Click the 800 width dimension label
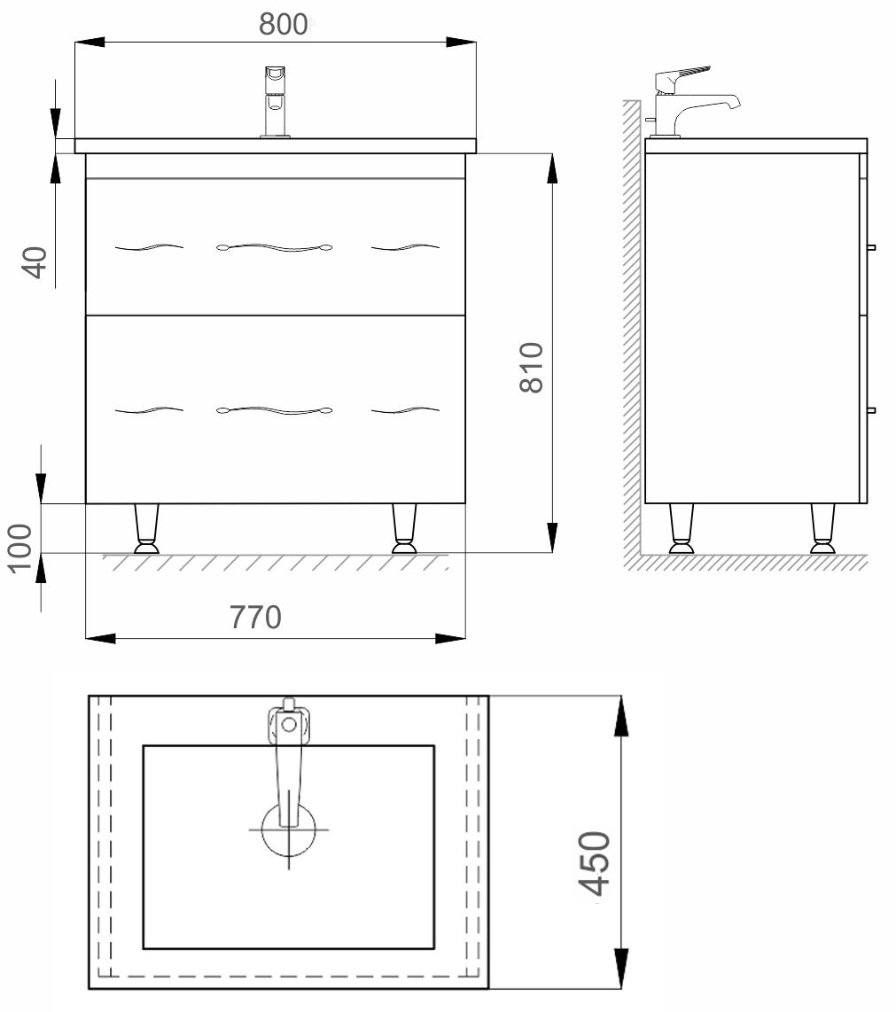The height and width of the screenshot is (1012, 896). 283,25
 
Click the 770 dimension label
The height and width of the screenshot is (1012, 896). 255,617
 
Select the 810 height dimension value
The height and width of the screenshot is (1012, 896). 531,368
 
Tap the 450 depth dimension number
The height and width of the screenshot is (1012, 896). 594,863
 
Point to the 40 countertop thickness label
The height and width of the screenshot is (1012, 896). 36,262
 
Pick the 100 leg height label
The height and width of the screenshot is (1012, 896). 20,548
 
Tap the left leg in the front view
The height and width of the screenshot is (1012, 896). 146,528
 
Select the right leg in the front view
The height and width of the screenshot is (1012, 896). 405,528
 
